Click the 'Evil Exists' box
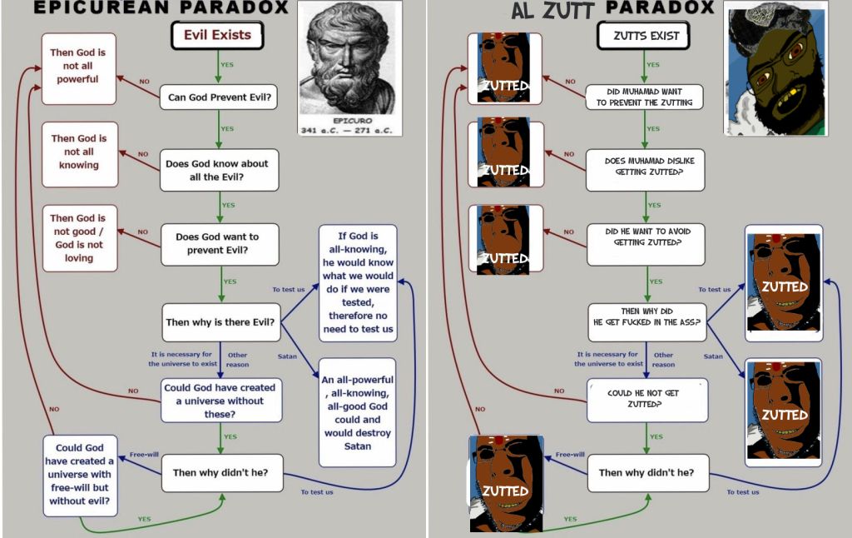pos(217,35)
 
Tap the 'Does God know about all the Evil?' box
pos(219,171)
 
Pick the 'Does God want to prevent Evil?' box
pos(219,244)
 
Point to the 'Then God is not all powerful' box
pos(78,67)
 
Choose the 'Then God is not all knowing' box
pos(78,152)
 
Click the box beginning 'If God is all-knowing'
pos(358,282)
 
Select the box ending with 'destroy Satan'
pos(358,412)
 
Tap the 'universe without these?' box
pos(220,401)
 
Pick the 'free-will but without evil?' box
pos(80,474)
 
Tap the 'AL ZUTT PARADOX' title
pos(612,8)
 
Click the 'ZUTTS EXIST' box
pos(646,36)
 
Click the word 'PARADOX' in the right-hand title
pos(660,8)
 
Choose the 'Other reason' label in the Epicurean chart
pos(238,359)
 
